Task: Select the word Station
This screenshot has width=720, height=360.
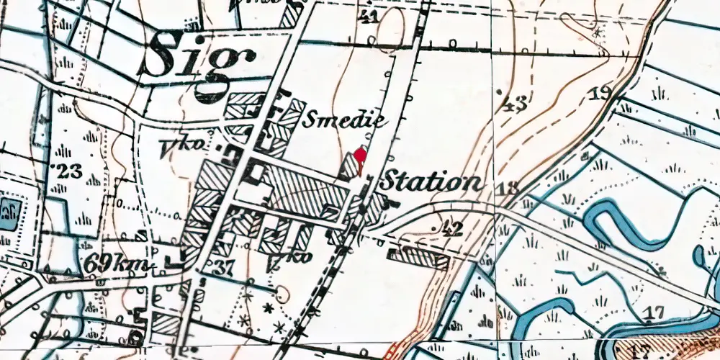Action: pos(431,181)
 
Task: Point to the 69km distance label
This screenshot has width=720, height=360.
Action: pos(117,264)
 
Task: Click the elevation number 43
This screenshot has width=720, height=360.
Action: pos(513,104)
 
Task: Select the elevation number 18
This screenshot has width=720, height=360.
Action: pos(507,189)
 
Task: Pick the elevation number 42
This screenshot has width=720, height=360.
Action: pos(450,228)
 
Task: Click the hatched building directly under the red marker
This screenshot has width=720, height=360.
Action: pos(350,166)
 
